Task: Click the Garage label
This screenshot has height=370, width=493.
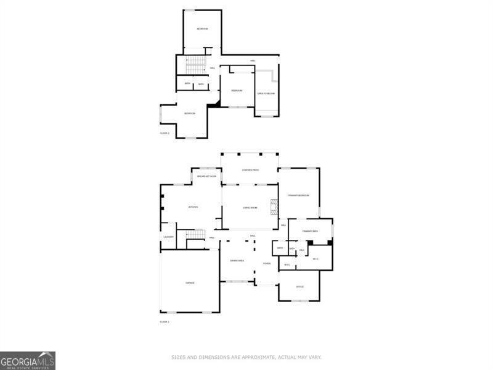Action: (x=190, y=282)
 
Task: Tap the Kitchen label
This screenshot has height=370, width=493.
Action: (x=193, y=207)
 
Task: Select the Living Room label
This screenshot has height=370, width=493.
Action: (x=250, y=208)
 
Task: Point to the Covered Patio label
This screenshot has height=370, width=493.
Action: (x=250, y=170)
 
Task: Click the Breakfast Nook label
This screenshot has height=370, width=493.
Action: (x=206, y=176)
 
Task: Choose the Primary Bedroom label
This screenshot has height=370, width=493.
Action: (x=298, y=195)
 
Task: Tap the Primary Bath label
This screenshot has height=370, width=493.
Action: (x=310, y=231)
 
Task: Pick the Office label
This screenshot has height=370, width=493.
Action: (x=300, y=287)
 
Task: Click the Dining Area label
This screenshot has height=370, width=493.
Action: (x=237, y=261)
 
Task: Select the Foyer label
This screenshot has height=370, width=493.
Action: (x=267, y=263)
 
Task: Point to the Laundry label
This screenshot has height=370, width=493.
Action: (x=168, y=237)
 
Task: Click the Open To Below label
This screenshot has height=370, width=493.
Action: (x=266, y=93)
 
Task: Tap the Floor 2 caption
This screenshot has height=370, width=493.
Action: (x=165, y=133)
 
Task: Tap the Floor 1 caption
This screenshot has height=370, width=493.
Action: (x=165, y=322)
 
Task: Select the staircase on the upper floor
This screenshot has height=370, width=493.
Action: (x=196, y=64)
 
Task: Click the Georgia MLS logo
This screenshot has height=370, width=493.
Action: (x=28, y=360)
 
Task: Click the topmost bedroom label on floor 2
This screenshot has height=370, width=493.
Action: (x=202, y=29)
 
